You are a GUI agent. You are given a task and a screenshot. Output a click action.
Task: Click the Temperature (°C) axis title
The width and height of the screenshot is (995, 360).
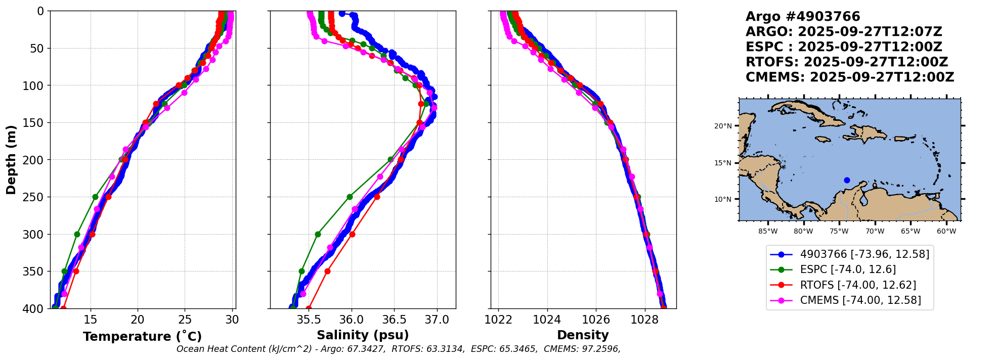coord(142,336)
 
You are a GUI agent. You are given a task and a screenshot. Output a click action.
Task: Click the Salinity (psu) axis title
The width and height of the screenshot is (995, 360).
coord(363,335)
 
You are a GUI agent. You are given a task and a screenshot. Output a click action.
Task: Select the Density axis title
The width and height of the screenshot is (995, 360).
coord(583,335)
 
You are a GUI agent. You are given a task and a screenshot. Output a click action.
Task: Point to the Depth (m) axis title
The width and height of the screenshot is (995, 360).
coord(11,159)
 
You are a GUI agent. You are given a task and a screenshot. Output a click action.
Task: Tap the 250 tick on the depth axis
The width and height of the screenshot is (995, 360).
coord(34,197)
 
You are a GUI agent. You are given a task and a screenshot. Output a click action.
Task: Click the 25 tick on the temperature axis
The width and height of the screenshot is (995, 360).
coord(185,320)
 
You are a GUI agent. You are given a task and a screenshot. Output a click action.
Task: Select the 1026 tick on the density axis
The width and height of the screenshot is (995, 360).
coord(596,320)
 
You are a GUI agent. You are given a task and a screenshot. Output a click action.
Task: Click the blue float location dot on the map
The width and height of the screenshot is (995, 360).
coord(847,180)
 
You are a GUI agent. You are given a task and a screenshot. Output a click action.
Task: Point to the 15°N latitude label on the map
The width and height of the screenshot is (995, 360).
coord(722,163)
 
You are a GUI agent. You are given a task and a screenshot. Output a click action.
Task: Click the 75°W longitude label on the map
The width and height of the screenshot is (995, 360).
coord(839,232)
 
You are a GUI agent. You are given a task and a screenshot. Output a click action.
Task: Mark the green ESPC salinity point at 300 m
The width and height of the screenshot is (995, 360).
coord(318,234)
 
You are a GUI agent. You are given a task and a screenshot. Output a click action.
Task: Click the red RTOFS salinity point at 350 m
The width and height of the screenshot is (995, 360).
coord(327,271)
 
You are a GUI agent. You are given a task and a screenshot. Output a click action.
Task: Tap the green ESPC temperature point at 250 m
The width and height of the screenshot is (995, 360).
coord(95,197)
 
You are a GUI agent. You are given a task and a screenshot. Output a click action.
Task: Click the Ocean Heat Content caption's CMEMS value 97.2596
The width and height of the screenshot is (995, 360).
coord(600,349)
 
